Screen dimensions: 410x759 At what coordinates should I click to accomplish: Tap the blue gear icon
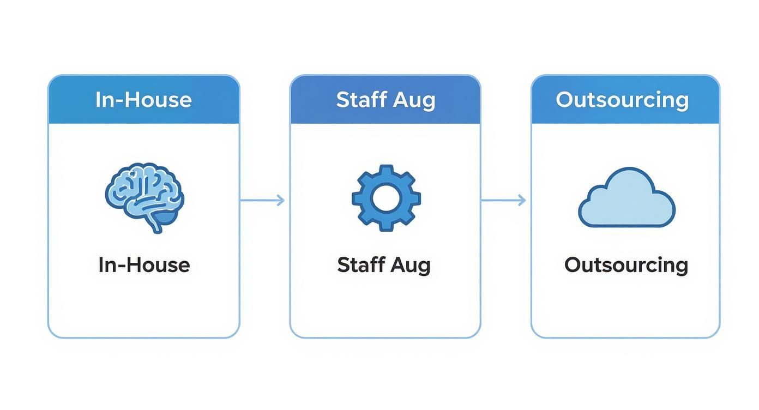pyautogui.click(x=386, y=197)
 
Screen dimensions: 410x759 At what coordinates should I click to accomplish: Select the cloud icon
pyautogui.click(x=627, y=198)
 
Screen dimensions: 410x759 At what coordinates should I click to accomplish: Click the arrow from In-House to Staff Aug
pyautogui.click(x=262, y=200)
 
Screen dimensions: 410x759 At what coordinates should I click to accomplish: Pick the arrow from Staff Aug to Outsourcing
pyautogui.click(x=503, y=200)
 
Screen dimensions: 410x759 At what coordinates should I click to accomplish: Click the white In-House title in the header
pyautogui.click(x=143, y=100)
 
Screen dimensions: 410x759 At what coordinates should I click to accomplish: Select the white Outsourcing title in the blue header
pyautogui.click(x=622, y=100)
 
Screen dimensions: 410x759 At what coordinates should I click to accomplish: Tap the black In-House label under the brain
pyautogui.click(x=144, y=265)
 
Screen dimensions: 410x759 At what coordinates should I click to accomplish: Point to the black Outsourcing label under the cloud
pyautogui.click(x=626, y=265)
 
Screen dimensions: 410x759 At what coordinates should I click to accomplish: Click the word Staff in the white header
pyautogui.click(x=358, y=100)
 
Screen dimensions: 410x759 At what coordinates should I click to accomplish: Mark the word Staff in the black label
pyautogui.click(x=358, y=265)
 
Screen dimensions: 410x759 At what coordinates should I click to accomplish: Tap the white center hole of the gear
pyautogui.click(x=386, y=197)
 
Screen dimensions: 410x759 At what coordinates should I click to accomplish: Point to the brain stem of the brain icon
pyautogui.click(x=156, y=225)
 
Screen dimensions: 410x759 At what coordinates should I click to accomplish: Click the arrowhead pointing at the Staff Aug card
pyautogui.click(x=280, y=200)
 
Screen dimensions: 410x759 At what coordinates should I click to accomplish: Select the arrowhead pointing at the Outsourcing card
pyautogui.click(x=522, y=200)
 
